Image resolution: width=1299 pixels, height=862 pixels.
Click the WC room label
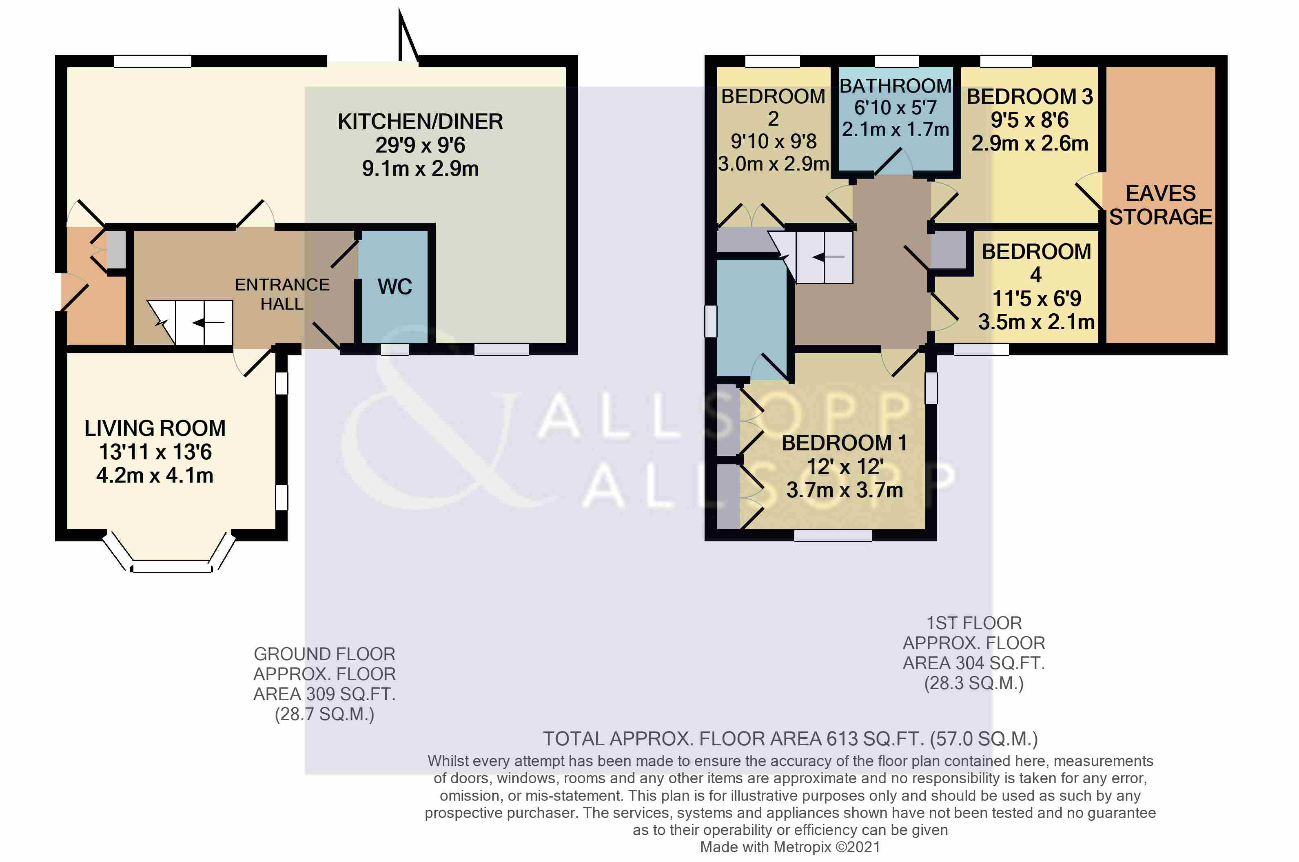click(394, 287)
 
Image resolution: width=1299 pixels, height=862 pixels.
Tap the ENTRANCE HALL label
click(282, 294)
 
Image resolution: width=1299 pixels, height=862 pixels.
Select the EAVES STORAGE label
click(1160, 205)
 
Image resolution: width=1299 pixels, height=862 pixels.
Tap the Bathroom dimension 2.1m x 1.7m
click(896, 130)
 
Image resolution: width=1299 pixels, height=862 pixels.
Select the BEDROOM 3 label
click(1030, 97)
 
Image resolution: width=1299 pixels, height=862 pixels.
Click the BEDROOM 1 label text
click(845, 443)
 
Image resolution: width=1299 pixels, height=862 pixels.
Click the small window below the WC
click(395, 349)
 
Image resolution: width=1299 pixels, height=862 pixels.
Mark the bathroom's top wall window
click(896, 61)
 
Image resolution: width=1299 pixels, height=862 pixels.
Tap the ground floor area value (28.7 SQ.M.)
click(324, 714)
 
